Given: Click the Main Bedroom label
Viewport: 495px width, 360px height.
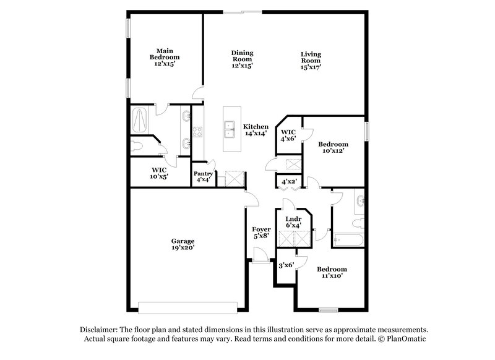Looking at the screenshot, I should coord(164,58).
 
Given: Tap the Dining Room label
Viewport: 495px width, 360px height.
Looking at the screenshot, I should coord(242,59).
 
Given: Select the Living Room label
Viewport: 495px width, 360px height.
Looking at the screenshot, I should coord(311,59).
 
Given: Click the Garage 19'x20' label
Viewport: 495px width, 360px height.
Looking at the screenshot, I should coord(183,244).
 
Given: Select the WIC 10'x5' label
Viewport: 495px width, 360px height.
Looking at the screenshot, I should coord(160,173).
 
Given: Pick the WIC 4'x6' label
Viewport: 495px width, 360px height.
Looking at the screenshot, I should coord(288,135).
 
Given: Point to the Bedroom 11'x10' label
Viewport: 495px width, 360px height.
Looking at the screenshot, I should coord(332,273).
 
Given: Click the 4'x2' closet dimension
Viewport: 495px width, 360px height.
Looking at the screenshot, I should coord(289,182).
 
